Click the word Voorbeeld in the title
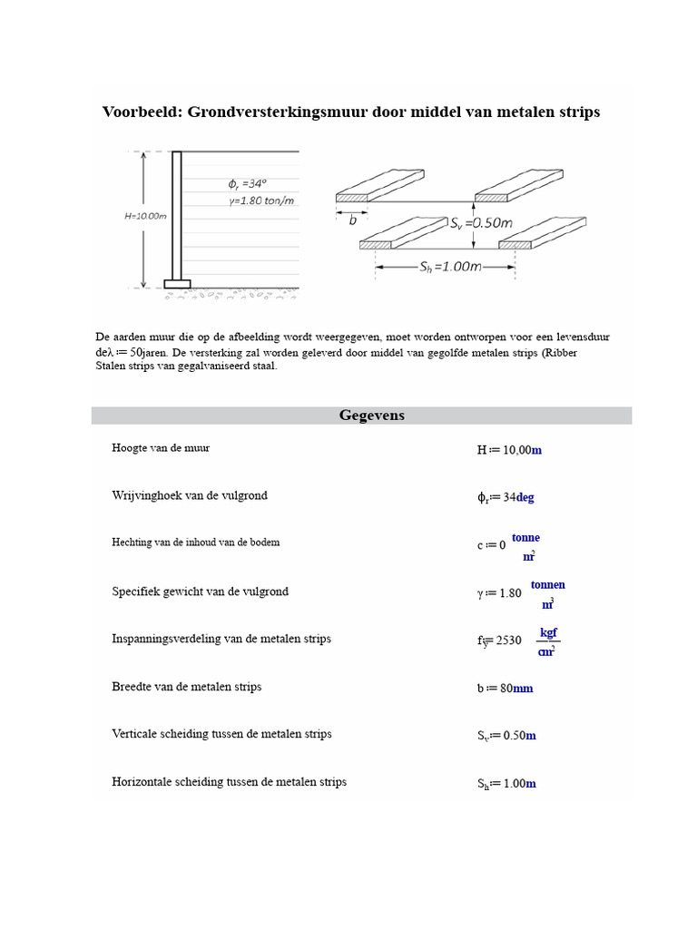pyautogui.click(x=139, y=112)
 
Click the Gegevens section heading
pyautogui.click(x=371, y=416)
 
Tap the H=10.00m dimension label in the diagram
pyautogui.click(x=144, y=217)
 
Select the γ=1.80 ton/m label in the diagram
pyautogui.click(x=265, y=200)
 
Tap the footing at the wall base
pyautogui.click(x=177, y=283)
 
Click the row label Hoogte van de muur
pyautogui.click(x=161, y=448)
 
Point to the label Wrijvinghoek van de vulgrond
pyautogui.click(x=190, y=496)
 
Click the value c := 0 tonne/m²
pyautogui.click(x=508, y=545)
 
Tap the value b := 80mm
pyautogui.click(x=505, y=689)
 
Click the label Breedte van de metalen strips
pyautogui.click(x=187, y=687)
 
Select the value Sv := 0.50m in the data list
pyautogui.click(x=506, y=736)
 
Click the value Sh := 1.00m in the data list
pyautogui.click(x=506, y=784)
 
